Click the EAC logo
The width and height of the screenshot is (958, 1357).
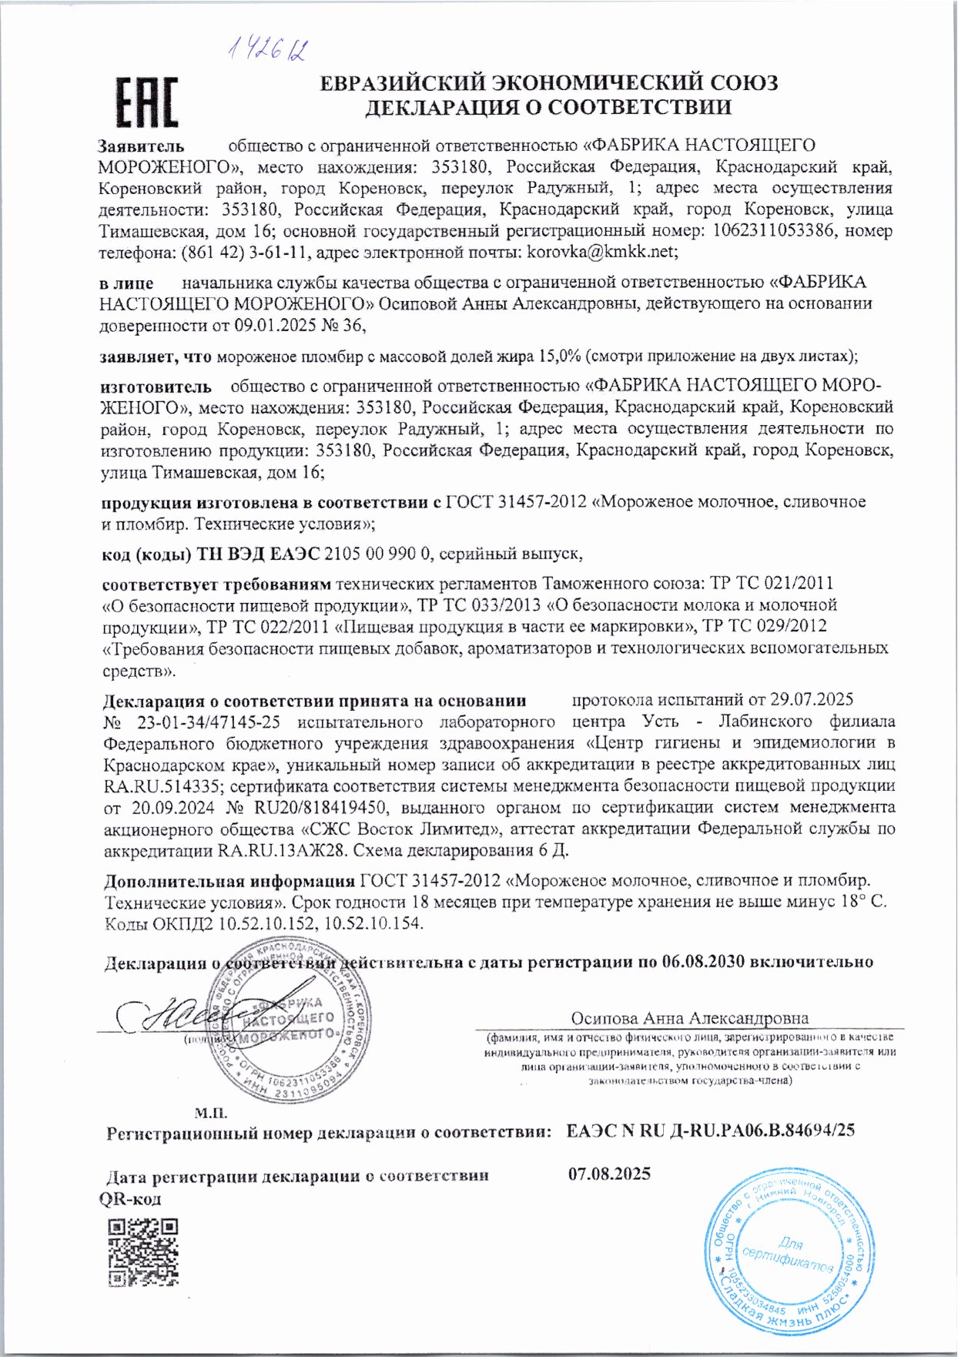click(147, 102)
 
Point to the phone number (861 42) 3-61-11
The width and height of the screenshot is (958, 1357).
click(245, 252)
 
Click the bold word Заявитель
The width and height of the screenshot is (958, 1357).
click(141, 146)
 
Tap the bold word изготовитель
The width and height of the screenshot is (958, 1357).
click(156, 386)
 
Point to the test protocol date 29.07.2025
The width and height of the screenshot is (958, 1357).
click(801, 699)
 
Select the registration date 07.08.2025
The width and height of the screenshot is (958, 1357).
click(609, 1174)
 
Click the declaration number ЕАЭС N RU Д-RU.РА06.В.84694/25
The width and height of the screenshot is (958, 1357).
click(710, 1131)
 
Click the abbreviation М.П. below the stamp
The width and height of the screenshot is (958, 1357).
click(211, 1112)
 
